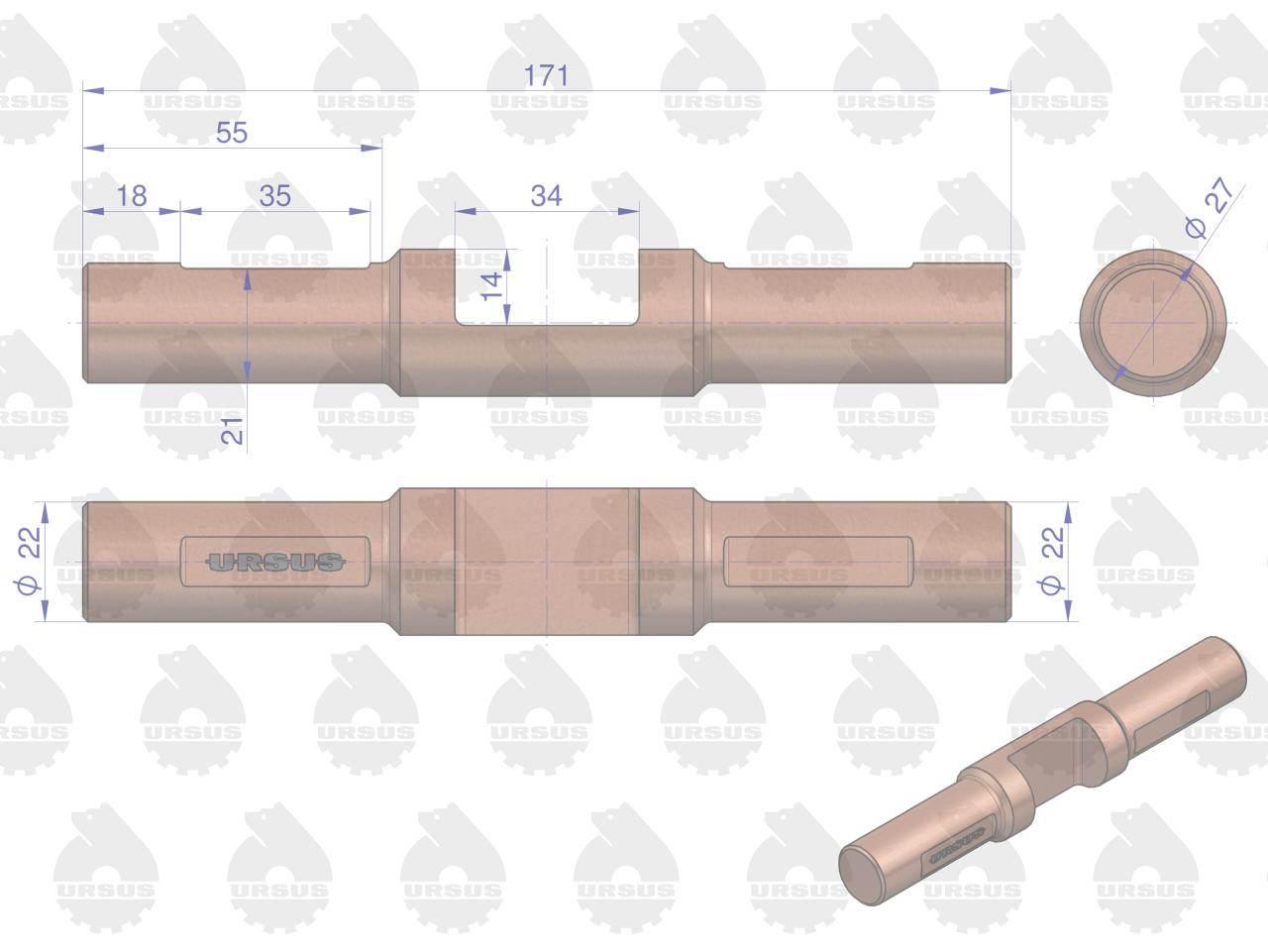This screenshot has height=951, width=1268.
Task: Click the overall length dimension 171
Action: tap(546, 75)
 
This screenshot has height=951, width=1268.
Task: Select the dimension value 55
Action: tap(232, 133)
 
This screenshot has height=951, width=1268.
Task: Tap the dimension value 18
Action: tap(132, 196)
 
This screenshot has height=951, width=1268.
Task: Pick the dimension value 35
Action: tap(275, 196)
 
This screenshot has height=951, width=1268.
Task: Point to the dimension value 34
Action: tap(546, 196)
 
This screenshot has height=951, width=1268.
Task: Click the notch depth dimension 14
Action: tap(492, 287)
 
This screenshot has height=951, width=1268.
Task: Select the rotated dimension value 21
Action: tap(232, 431)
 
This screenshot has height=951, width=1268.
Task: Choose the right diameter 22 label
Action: tap(1051, 560)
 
